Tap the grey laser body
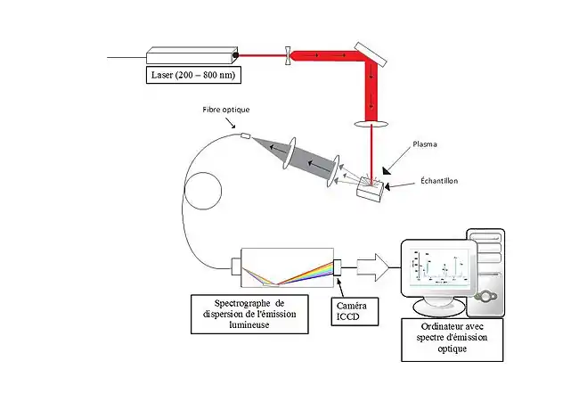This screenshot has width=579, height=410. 192,55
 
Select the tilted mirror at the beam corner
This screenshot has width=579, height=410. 371,55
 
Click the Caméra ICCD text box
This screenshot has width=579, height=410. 353,310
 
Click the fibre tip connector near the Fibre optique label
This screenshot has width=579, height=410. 246,135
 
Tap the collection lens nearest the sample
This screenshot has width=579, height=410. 337,172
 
